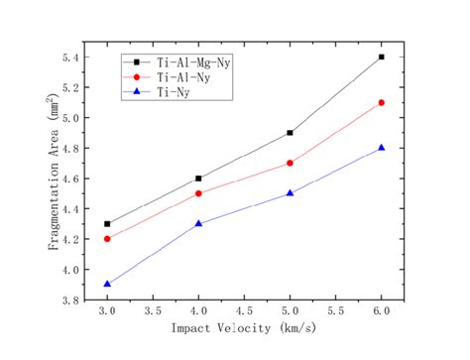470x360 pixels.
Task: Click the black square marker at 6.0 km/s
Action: tap(381, 57)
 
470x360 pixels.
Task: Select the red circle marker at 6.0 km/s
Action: tap(381, 102)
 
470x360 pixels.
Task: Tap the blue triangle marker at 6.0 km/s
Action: tap(381, 148)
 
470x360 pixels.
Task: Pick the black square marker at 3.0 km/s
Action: tap(107, 224)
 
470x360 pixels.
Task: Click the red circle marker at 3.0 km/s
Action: tap(107, 239)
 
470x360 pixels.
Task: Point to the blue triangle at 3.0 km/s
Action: tap(107, 284)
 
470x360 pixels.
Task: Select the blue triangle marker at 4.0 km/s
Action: tap(198, 223)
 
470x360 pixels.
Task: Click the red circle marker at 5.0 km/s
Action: tap(290, 163)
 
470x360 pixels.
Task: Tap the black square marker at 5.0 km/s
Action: tap(290, 132)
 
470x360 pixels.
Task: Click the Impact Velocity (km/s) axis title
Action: tap(244, 330)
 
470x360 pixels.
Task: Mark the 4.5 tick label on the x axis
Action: tap(244, 311)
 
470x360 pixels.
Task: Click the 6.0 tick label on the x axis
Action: tap(381, 311)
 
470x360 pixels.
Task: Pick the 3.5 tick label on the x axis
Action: tap(153, 311)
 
